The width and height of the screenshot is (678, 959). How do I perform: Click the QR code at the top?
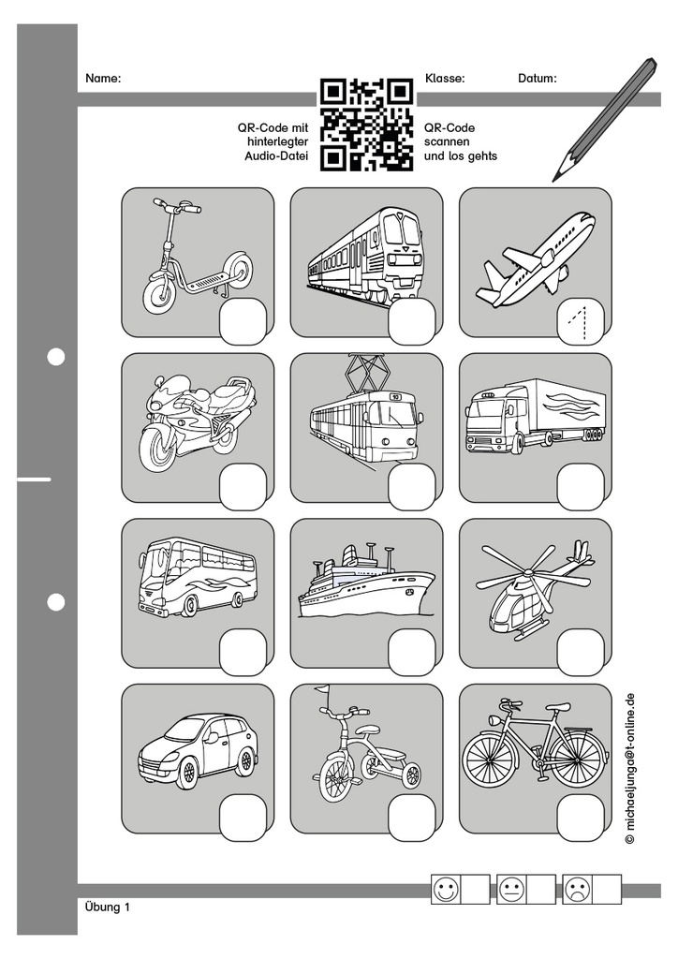coord(366,125)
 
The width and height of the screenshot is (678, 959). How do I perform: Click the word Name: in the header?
coord(103,79)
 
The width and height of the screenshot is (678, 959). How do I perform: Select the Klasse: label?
coord(445,79)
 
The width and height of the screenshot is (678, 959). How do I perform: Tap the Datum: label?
coord(538,79)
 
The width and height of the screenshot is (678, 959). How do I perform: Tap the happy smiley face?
coord(446,890)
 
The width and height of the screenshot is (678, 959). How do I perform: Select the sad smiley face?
coord(578,890)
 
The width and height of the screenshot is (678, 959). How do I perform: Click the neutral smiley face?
coord(512,890)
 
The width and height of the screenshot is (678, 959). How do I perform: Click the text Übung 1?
coord(106,907)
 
